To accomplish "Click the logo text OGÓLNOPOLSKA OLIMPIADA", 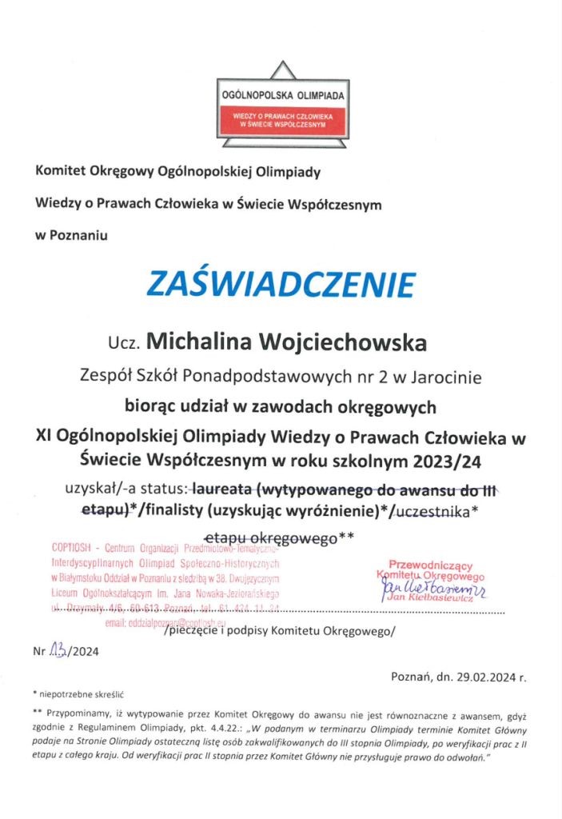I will click(282, 94).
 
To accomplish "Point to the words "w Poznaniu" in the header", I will click(70, 235).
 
